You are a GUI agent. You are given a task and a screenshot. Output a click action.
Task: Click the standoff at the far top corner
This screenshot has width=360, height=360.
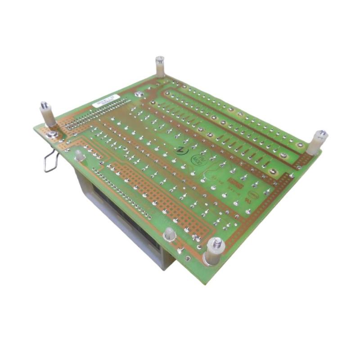160,67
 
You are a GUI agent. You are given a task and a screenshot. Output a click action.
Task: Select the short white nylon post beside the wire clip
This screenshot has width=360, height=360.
79,155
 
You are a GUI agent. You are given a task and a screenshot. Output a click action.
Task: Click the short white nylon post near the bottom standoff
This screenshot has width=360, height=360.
170,234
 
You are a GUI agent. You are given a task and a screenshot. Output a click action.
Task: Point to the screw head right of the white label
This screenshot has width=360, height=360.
139,94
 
